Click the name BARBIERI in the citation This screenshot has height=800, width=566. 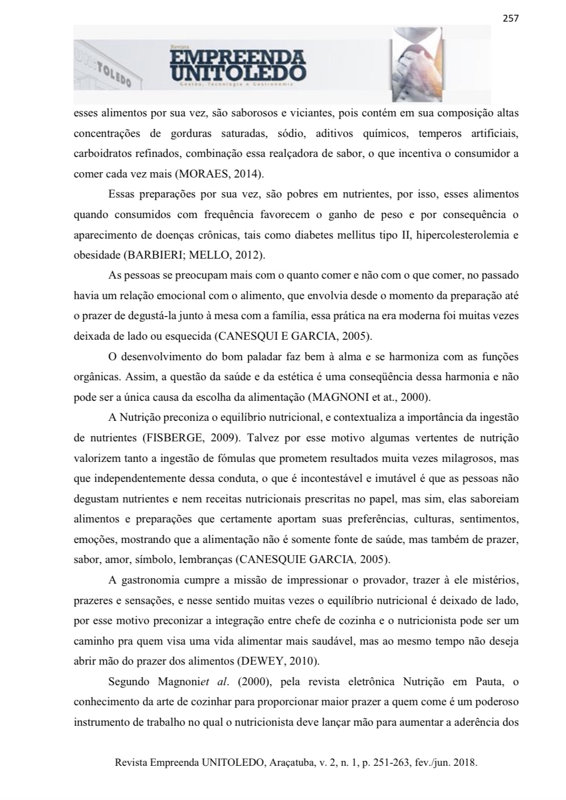[x=150, y=255]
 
